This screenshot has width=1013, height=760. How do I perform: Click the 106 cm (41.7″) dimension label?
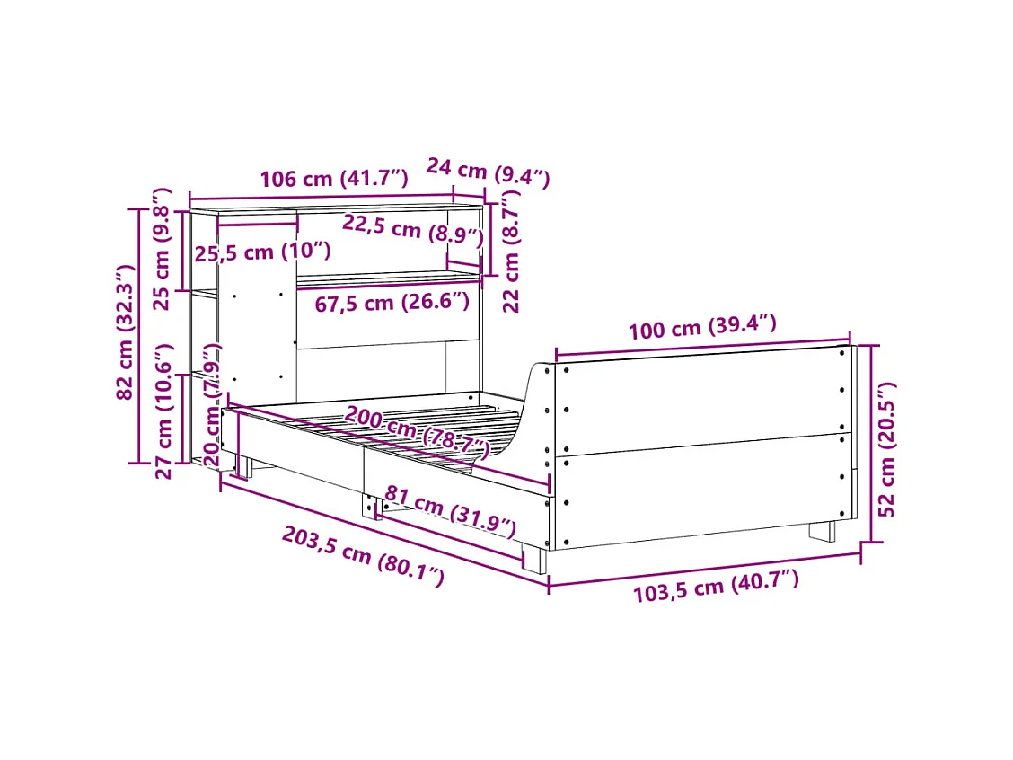[x=334, y=179]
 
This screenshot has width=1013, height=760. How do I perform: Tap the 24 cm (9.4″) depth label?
[x=488, y=172]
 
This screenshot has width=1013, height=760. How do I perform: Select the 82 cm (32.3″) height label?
[x=126, y=331]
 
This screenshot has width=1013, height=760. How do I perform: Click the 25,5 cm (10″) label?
[x=263, y=252]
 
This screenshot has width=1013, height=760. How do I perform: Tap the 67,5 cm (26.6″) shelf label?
[x=392, y=302]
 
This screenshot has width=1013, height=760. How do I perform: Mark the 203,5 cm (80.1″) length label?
[x=363, y=556]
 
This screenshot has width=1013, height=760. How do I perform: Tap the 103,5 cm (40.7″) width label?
[x=716, y=586]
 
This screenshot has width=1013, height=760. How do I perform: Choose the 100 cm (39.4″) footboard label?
[x=701, y=328]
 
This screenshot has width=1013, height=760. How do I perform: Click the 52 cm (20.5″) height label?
[x=887, y=448]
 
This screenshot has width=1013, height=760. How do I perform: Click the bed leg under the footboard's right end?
[x=822, y=531]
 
